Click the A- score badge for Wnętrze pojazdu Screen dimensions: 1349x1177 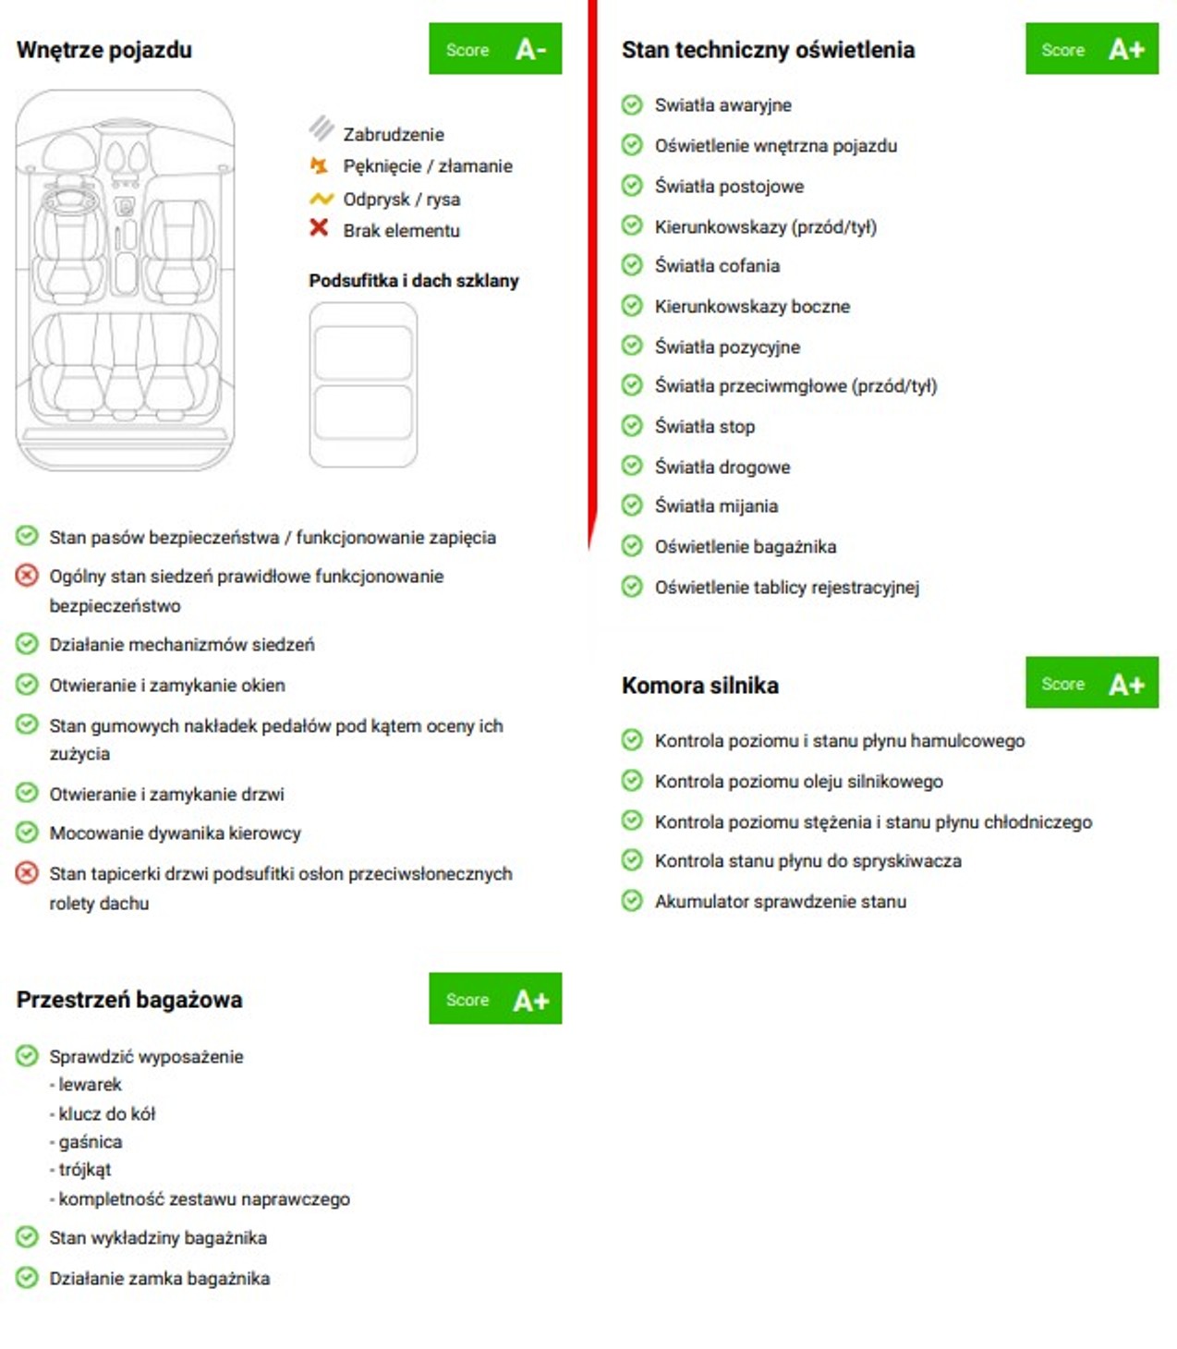click(494, 49)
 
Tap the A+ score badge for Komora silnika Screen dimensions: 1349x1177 click(1091, 683)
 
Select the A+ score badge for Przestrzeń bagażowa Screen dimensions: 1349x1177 click(494, 999)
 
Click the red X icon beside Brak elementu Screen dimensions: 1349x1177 click(319, 227)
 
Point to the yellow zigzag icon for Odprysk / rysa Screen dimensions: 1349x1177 click(321, 199)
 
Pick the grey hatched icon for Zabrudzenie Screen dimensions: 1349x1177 click(321, 128)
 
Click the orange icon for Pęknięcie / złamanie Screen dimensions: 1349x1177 click(319, 166)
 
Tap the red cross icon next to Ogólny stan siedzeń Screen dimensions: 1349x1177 click(27, 576)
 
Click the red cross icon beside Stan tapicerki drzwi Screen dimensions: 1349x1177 click(27, 873)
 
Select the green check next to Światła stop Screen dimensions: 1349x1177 click(632, 426)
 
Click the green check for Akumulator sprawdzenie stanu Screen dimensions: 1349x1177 click(632, 901)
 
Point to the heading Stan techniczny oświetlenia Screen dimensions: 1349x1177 click(768, 50)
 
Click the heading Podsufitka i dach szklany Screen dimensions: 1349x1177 click(413, 281)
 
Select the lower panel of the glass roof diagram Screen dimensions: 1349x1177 click(362, 413)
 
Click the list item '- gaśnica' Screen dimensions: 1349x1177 click(90, 1142)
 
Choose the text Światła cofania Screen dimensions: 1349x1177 click(717, 266)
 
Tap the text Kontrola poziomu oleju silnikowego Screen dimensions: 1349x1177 click(798, 782)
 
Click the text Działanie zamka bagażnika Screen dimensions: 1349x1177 click(159, 1279)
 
